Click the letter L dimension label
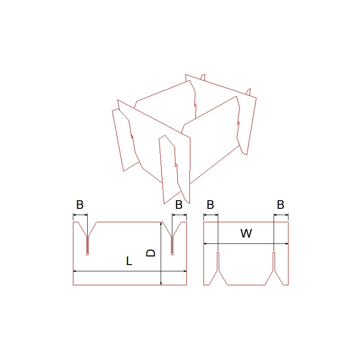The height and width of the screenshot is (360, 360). pyautogui.click(x=129, y=261)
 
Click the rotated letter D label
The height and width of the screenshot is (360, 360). pyautogui.click(x=151, y=253)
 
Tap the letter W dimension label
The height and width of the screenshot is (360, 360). pyautogui.click(x=246, y=233)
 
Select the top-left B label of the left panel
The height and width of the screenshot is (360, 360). pyautogui.click(x=80, y=205)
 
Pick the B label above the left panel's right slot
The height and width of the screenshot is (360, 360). pyautogui.click(x=179, y=205)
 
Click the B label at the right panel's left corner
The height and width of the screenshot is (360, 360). pyautogui.click(x=210, y=205)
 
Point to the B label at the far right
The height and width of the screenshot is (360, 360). pyautogui.click(x=280, y=205)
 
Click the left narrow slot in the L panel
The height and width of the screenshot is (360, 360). pyautogui.click(x=87, y=245)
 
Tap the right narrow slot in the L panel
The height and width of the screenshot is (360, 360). pyautogui.click(x=172, y=245)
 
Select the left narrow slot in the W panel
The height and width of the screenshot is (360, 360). pyautogui.click(x=218, y=261)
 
